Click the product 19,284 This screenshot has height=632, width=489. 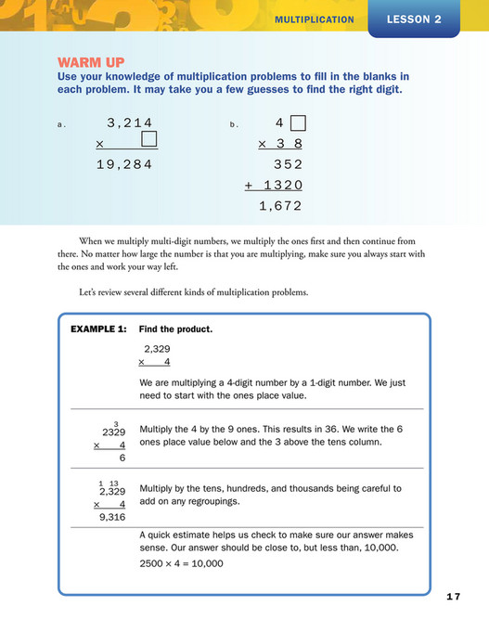coord(123,165)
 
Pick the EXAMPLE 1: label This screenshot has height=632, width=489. coord(98,329)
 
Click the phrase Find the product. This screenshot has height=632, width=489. coord(175,329)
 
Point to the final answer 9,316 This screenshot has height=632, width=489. coord(110,519)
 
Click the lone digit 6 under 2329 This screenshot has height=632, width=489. coord(122,458)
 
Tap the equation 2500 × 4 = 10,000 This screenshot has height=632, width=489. coord(181,562)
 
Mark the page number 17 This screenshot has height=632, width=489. coord(452,596)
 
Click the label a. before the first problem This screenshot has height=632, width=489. coord(62,124)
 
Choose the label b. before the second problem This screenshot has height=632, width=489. coord(235,124)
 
